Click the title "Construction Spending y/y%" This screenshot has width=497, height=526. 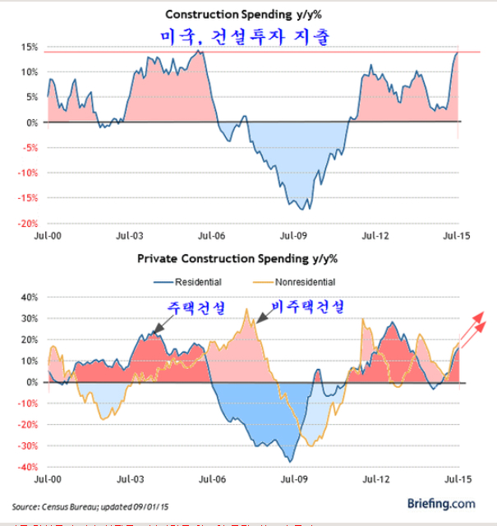[x=247, y=15]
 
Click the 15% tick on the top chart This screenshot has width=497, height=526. [x=29, y=47]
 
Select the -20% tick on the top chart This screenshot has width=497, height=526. [x=27, y=224]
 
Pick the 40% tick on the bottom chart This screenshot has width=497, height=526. [x=29, y=297]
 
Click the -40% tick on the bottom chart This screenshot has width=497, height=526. [x=27, y=468]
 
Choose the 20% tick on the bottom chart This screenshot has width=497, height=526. [x=29, y=339]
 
